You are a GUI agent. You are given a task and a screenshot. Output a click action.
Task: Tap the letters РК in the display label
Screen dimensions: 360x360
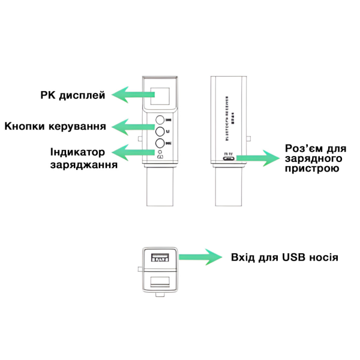click(x=49, y=95)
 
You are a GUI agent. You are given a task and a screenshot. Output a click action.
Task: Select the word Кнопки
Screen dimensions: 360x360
click(x=25, y=127)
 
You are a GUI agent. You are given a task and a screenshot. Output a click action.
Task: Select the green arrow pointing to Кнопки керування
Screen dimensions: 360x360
click(x=133, y=126)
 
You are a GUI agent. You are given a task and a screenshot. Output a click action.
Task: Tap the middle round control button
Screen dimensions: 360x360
click(x=160, y=131)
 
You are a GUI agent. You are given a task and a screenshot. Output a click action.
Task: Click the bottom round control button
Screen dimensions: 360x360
click(x=160, y=143)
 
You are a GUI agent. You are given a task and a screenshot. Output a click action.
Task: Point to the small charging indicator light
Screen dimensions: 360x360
click(x=160, y=152)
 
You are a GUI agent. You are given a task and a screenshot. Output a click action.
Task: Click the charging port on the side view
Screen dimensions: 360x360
click(x=228, y=158)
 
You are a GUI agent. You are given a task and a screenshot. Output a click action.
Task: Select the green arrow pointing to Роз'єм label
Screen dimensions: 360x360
click(x=258, y=158)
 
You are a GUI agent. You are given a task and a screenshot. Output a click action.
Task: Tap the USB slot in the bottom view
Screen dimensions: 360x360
click(x=160, y=259)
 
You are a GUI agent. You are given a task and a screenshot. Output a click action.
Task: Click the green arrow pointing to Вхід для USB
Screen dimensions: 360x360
click(x=201, y=258)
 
